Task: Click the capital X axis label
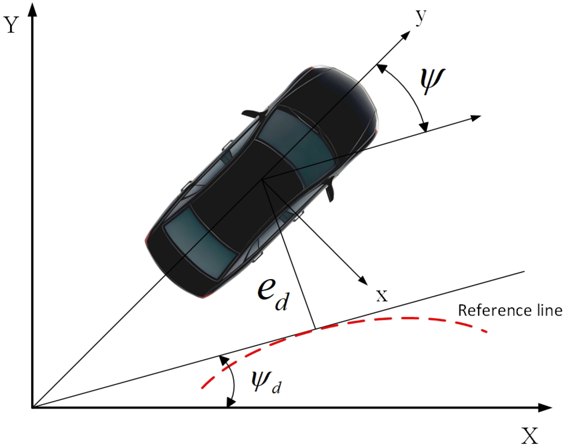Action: click(x=530, y=435)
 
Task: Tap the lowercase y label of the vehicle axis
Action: click(x=420, y=17)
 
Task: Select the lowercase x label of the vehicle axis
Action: click(x=382, y=296)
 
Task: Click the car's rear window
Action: click(x=201, y=243)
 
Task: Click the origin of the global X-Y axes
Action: click(x=32, y=408)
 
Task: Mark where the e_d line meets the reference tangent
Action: click(x=315, y=329)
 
